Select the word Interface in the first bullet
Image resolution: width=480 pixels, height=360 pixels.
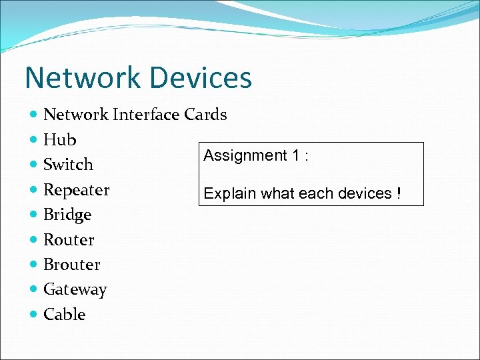146,115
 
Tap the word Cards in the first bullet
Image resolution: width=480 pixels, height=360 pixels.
205,115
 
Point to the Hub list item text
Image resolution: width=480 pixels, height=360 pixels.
59,140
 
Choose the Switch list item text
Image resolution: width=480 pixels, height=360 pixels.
68,165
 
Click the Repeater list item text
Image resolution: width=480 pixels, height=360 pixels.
76,190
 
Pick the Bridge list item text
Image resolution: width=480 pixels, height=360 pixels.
67,215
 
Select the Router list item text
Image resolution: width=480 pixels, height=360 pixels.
69,239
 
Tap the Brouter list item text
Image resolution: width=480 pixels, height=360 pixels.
71,265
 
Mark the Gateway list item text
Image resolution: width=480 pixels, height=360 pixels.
75,289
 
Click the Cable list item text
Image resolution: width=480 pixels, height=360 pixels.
64,314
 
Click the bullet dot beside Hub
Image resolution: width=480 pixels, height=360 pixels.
34,140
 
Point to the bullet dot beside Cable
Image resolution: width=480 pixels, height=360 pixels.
34,314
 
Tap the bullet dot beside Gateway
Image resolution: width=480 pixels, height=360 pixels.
34,289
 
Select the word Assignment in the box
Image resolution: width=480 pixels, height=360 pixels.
245,156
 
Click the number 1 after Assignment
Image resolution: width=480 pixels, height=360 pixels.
295,156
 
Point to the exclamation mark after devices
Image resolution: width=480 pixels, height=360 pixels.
398,194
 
